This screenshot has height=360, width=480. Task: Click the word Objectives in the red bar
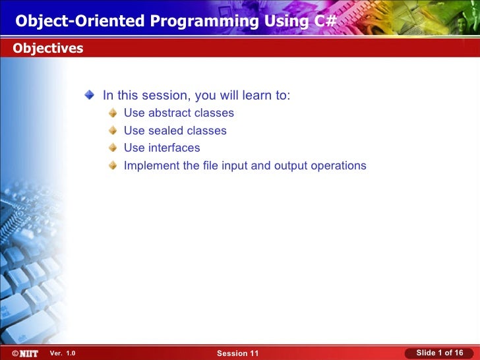pos(48,48)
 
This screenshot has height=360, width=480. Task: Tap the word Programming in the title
pos(204,21)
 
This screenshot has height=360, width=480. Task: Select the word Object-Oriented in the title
pos(80,21)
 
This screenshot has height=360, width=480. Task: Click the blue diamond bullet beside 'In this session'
pos(90,95)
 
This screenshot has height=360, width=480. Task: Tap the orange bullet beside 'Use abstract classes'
pos(113,113)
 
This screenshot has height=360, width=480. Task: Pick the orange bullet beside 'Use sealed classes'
pos(113,131)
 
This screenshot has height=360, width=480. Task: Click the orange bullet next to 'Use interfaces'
pos(113,148)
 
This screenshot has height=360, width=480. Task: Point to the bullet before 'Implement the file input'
pos(113,165)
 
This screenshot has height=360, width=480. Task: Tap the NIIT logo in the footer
pos(26,353)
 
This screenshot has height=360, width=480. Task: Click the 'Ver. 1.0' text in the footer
pos(63,353)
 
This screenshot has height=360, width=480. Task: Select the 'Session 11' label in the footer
pos(238,353)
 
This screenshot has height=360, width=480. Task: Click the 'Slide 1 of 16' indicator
pos(440,353)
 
